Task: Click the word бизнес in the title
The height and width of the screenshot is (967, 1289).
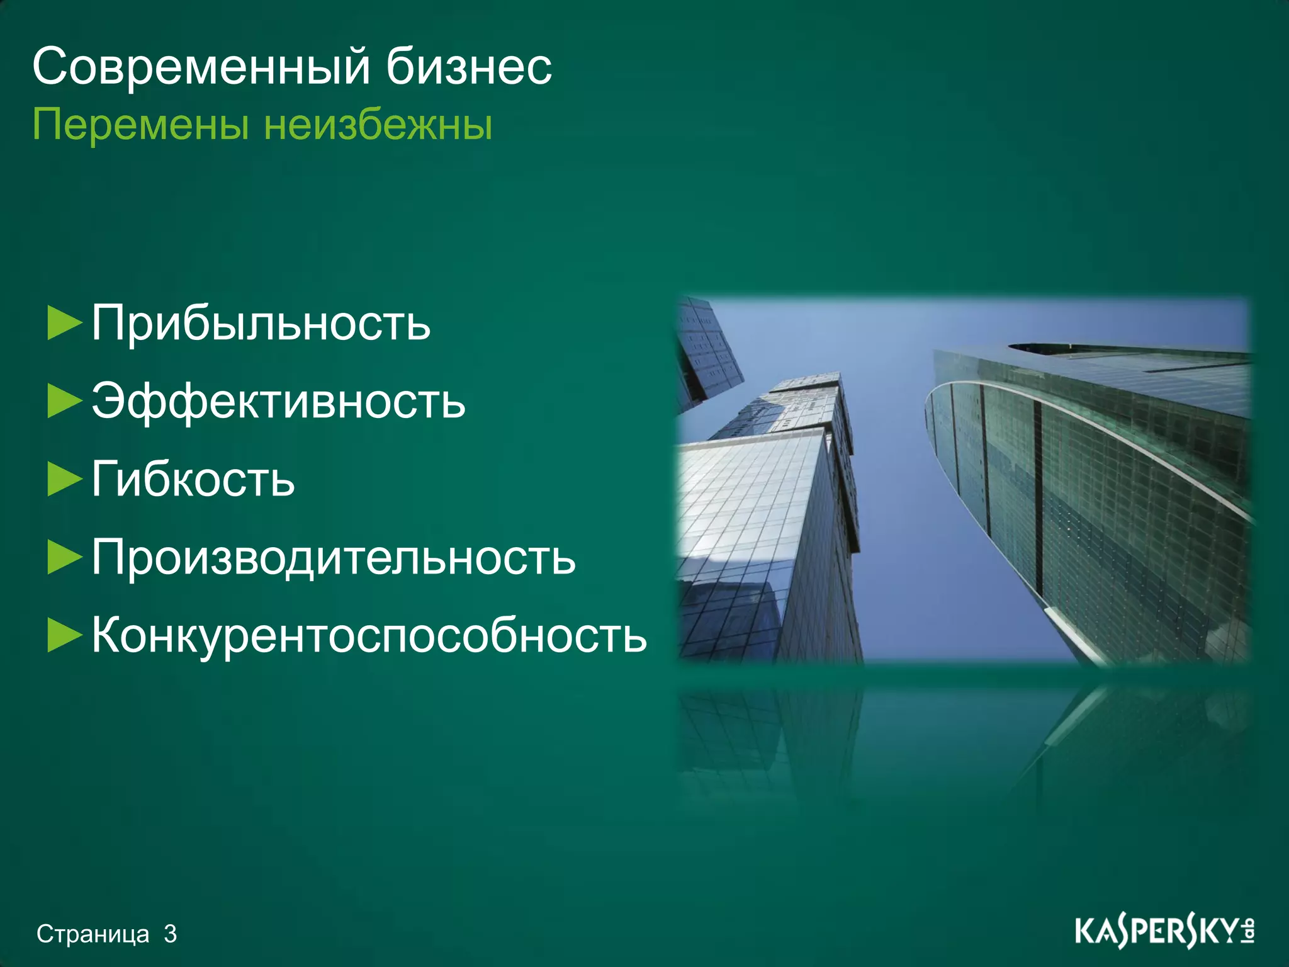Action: pyautogui.click(x=469, y=67)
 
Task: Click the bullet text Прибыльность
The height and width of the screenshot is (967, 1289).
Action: pyautogui.click(x=261, y=323)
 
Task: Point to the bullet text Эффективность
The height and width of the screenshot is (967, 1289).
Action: pyautogui.click(x=278, y=401)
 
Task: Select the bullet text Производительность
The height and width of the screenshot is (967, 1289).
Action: pyautogui.click(x=334, y=558)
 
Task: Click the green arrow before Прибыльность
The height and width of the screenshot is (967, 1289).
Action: pyautogui.click(x=64, y=323)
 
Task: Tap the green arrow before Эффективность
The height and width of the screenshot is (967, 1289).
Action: pyautogui.click(x=64, y=402)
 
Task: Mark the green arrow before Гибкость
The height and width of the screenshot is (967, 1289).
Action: pyautogui.click(x=64, y=480)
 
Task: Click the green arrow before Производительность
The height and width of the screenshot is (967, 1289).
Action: pyautogui.click(x=64, y=558)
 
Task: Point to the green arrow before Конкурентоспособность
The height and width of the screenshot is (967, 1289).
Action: pyautogui.click(x=64, y=636)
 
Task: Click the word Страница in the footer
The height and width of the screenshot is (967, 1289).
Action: pyautogui.click(x=93, y=934)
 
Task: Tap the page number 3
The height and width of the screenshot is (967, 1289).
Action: pyautogui.click(x=170, y=934)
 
